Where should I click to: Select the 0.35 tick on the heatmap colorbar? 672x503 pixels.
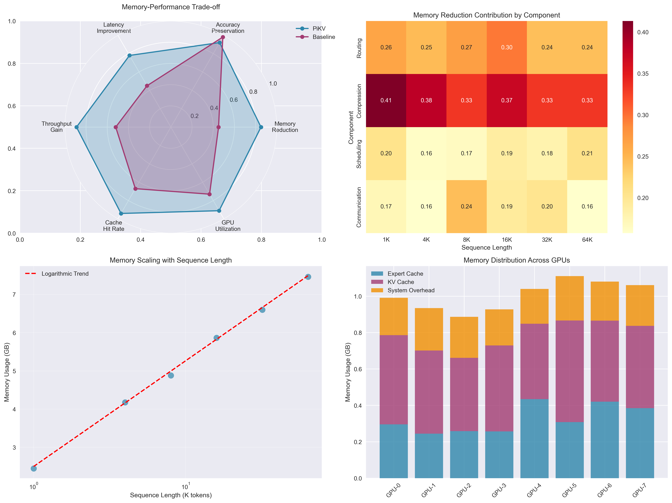tap(643, 74)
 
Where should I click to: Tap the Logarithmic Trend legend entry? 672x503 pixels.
tap(65, 274)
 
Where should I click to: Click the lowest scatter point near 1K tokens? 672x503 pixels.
tap(34, 468)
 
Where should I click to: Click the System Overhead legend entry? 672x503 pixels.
tap(411, 290)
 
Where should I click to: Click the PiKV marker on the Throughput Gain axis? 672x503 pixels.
tap(76, 127)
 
